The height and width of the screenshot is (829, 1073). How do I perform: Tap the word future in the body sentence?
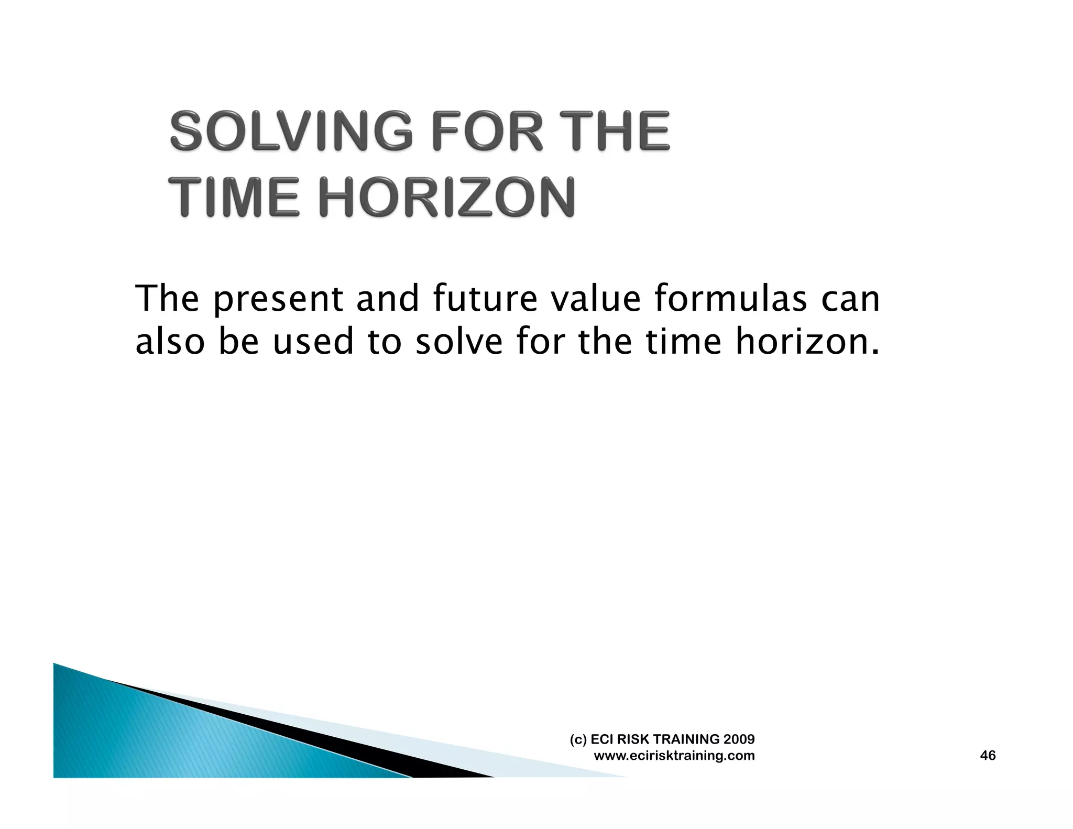pos(485,299)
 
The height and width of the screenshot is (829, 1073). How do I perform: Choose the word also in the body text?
pos(170,342)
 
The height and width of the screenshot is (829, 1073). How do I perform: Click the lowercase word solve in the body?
pos(458,342)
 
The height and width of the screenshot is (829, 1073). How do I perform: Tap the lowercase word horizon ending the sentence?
pos(807,342)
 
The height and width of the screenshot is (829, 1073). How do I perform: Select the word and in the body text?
pos(388,299)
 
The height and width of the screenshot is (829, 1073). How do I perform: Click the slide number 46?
pos(988,756)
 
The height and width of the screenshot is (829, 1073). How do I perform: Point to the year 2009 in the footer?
pos(739,739)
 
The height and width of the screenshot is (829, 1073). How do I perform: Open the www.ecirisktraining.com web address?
pos(674,756)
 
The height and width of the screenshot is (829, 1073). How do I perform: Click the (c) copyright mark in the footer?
pos(578,740)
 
